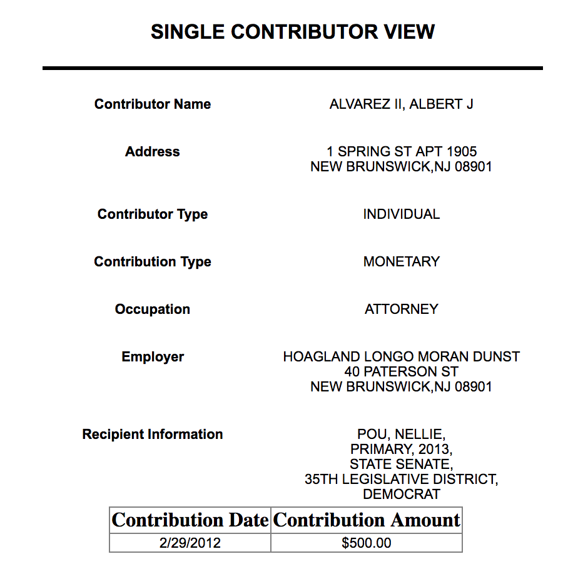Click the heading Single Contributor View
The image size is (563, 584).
pyautogui.click(x=292, y=32)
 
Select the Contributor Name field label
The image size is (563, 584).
pyautogui.click(x=153, y=104)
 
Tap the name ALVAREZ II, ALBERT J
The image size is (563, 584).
pyautogui.click(x=401, y=104)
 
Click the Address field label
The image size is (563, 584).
pyautogui.click(x=153, y=152)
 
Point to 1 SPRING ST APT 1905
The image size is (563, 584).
pyautogui.click(x=401, y=152)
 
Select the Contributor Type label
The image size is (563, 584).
pyautogui.click(x=153, y=214)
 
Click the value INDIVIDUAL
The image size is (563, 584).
pyautogui.click(x=401, y=214)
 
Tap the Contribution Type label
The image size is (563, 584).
pyautogui.click(x=153, y=262)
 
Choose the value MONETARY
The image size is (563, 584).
pyautogui.click(x=401, y=262)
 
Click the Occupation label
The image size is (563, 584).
pyautogui.click(x=153, y=310)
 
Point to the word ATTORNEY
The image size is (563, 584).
pyautogui.click(x=401, y=310)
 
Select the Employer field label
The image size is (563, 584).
pyautogui.click(x=153, y=357)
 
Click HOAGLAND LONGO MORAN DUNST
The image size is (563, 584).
pyautogui.click(x=401, y=357)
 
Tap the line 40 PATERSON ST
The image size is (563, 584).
pyautogui.click(x=401, y=372)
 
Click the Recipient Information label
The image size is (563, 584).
pyautogui.click(x=153, y=435)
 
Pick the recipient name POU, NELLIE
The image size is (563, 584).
pyautogui.click(x=401, y=435)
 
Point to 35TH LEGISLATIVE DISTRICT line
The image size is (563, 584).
pyautogui.click(x=401, y=480)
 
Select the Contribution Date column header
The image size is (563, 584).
pyautogui.click(x=190, y=520)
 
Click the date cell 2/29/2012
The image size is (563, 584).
pyautogui.click(x=190, y=543)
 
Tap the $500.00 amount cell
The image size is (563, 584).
pyautogui.click(x=367, y=543)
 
